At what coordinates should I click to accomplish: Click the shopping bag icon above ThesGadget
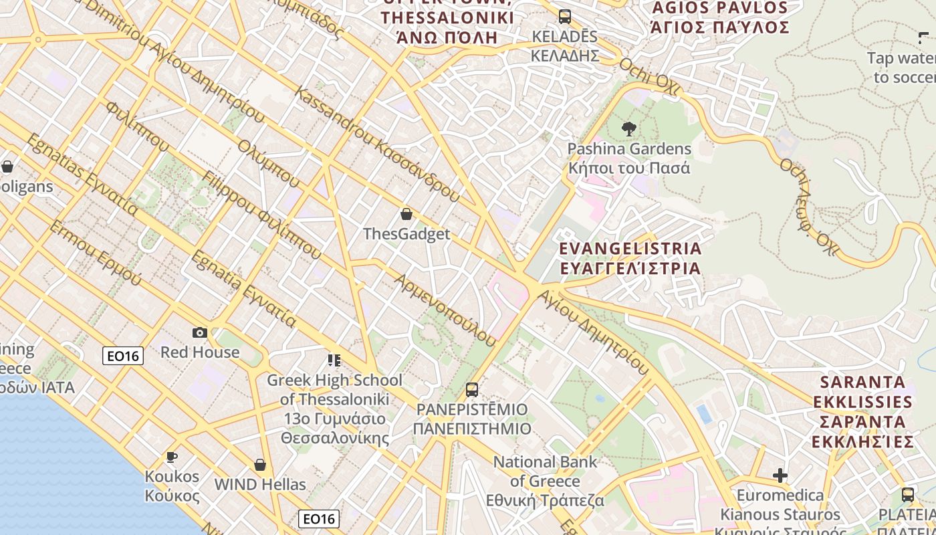pos(406,214)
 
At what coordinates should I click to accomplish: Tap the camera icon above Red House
pos(199,332)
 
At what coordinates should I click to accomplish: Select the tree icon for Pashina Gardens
pos(628,128)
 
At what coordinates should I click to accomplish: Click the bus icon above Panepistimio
pos(472,389)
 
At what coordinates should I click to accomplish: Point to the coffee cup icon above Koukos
pos(172,457)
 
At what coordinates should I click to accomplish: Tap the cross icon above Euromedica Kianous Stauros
pos(780,475)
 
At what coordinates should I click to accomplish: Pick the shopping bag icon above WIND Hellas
pos(260,465)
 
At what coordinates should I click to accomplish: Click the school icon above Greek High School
pos(334,360)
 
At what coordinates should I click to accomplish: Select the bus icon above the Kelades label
pos(565,17)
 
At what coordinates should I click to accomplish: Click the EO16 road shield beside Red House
pos(123,356)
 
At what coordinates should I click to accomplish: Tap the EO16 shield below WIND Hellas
pos(319,519)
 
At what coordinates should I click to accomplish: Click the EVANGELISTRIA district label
pos(630,258)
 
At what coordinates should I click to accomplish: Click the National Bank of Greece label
pos(545,481)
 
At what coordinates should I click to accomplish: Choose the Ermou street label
pos(94,252)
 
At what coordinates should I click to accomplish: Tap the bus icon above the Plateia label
pos(907,495)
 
